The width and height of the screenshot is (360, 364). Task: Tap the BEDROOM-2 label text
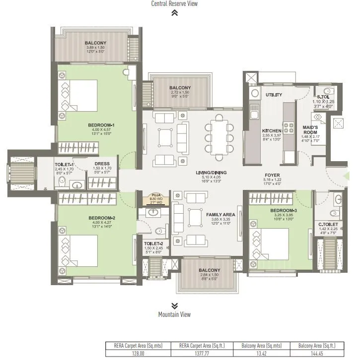[102, 218]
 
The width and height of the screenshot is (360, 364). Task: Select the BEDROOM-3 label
[283, 211]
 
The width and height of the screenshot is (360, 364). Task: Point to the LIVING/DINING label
[211, 172]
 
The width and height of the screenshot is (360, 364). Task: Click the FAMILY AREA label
[220, 214]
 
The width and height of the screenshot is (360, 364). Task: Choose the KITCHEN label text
[272, 131]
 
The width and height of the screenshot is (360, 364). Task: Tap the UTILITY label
[274, 94]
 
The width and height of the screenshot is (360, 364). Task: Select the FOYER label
[272, 175]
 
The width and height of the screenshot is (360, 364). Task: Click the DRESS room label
[101, 164]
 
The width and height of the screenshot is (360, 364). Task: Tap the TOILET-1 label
[65, 164]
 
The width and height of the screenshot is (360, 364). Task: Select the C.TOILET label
[328, 224]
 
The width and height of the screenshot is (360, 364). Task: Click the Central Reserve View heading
[174, 4]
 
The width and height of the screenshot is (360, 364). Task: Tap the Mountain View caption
[174, 314]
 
